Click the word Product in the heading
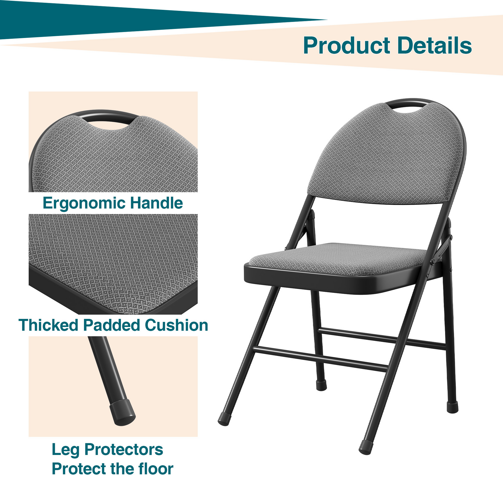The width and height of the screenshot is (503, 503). pyautogui.click(x=347, y=45)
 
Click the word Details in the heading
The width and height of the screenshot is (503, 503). pyautogui.click(x=435, y=45)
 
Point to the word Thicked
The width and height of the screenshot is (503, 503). pyautogui.click(x=48, y=325)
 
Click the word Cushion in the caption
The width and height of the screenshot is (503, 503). pyautogui.click(x=176, y=325)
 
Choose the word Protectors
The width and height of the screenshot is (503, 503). pyautogui.click(x=124, y=450)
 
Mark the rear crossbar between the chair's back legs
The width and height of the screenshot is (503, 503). pyautogui.click(x=382, y=338)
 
